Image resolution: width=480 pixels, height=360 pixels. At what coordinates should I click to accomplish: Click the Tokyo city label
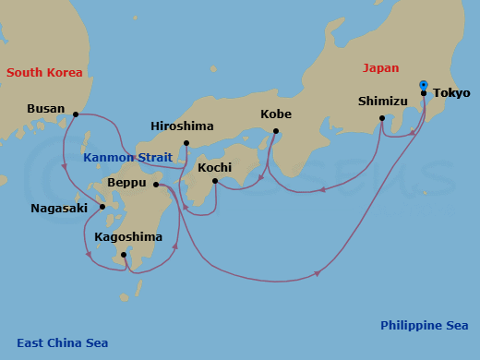451,93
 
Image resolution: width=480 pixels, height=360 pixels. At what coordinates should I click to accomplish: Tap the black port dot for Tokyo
424,93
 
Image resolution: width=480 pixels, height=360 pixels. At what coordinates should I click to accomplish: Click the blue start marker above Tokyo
424,83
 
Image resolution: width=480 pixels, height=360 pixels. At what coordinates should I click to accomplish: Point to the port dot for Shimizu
382,118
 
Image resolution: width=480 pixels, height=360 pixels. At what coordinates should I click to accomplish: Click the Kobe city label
275,114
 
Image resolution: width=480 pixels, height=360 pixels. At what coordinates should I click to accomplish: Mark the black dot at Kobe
276,131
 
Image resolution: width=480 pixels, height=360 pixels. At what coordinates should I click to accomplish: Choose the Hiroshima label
182,126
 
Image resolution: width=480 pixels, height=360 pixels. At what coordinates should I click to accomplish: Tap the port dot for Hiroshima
186,143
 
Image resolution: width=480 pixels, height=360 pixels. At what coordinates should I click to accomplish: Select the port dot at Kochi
214,181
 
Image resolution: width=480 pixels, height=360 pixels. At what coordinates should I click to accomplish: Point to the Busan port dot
76,115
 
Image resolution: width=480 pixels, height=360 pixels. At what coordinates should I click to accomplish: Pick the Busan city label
46,109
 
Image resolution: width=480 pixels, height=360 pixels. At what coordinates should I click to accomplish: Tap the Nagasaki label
59,208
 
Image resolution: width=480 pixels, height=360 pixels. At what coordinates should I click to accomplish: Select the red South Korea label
44,73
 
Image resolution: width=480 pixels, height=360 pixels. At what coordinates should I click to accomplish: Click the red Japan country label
380,67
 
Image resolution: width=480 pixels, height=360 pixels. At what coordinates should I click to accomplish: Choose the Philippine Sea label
424,325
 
